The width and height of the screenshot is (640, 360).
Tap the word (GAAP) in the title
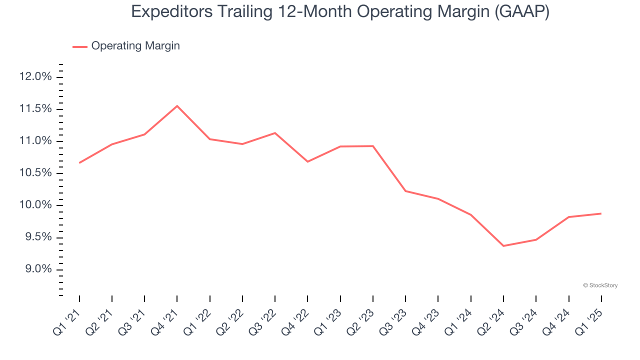(521, 12)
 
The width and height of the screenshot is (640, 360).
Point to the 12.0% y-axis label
(35, 77)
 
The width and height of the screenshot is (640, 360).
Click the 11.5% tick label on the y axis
(35, 109)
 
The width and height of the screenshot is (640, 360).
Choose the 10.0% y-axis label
(35, 205)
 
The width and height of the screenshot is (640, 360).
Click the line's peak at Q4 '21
(177, 106)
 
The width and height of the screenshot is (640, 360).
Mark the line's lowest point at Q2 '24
(503, 246)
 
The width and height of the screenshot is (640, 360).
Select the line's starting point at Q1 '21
(79, 162)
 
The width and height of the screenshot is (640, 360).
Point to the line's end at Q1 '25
(600, 213)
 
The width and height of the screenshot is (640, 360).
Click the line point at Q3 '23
(405, 191)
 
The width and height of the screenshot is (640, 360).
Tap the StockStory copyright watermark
(600, 285)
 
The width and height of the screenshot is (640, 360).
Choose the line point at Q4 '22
(307, 161)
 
